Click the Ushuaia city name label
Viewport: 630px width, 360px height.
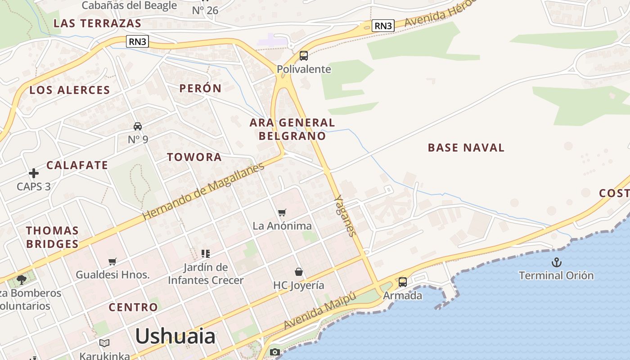pos(175,336)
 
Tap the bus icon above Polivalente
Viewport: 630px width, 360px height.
pos(304,56)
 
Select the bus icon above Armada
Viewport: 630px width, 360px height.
pos(403,282)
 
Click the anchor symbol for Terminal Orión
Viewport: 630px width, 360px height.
pos(557,262)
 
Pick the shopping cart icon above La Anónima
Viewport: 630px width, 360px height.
pos(282,212)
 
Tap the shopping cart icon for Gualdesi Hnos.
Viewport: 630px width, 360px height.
pos(112,261)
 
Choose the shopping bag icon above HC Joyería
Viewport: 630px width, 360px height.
pos(299,272)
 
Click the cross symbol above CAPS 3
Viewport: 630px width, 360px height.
pos(34,173)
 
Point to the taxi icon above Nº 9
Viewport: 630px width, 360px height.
pos(138,126)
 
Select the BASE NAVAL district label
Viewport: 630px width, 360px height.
pos(466,148)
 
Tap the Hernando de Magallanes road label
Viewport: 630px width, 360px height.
pos(203,191)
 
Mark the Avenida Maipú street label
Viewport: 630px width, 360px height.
pos(320,310)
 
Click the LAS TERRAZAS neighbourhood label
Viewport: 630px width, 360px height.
pos(97,23)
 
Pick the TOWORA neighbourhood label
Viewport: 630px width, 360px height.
pos(194,157)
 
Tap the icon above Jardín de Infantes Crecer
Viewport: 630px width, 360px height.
pos(206,254)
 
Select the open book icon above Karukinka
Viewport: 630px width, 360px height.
pos(104,343)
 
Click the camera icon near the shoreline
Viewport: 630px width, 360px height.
pos(274,352)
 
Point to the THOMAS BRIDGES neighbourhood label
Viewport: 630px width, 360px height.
pos(52,237)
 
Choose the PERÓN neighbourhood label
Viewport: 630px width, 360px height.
pos(200,88)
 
